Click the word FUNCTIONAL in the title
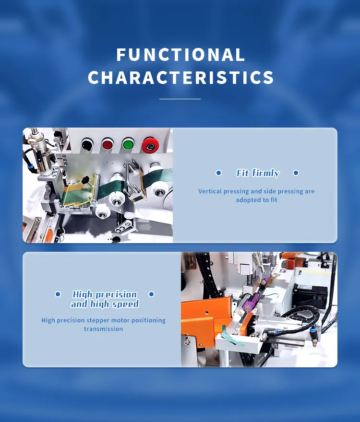click(180, 55)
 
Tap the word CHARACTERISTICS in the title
click(180, 78)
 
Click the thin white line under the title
click(180, 99)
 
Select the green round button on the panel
click(128, 144)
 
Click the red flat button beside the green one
click(107, 145)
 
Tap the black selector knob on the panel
click(87, 145)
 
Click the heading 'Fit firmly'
click(258, 173)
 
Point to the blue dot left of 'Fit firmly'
click(219, 173)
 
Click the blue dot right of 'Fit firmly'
click(296, 173)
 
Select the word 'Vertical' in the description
click(210, 191)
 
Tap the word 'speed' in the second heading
click(125, 304)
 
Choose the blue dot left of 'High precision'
click(58, 294)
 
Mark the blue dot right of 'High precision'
click(151, 294)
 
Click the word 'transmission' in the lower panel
click(104, 329)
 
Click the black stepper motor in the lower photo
click(310, 295)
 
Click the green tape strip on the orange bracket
click(231, 337)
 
